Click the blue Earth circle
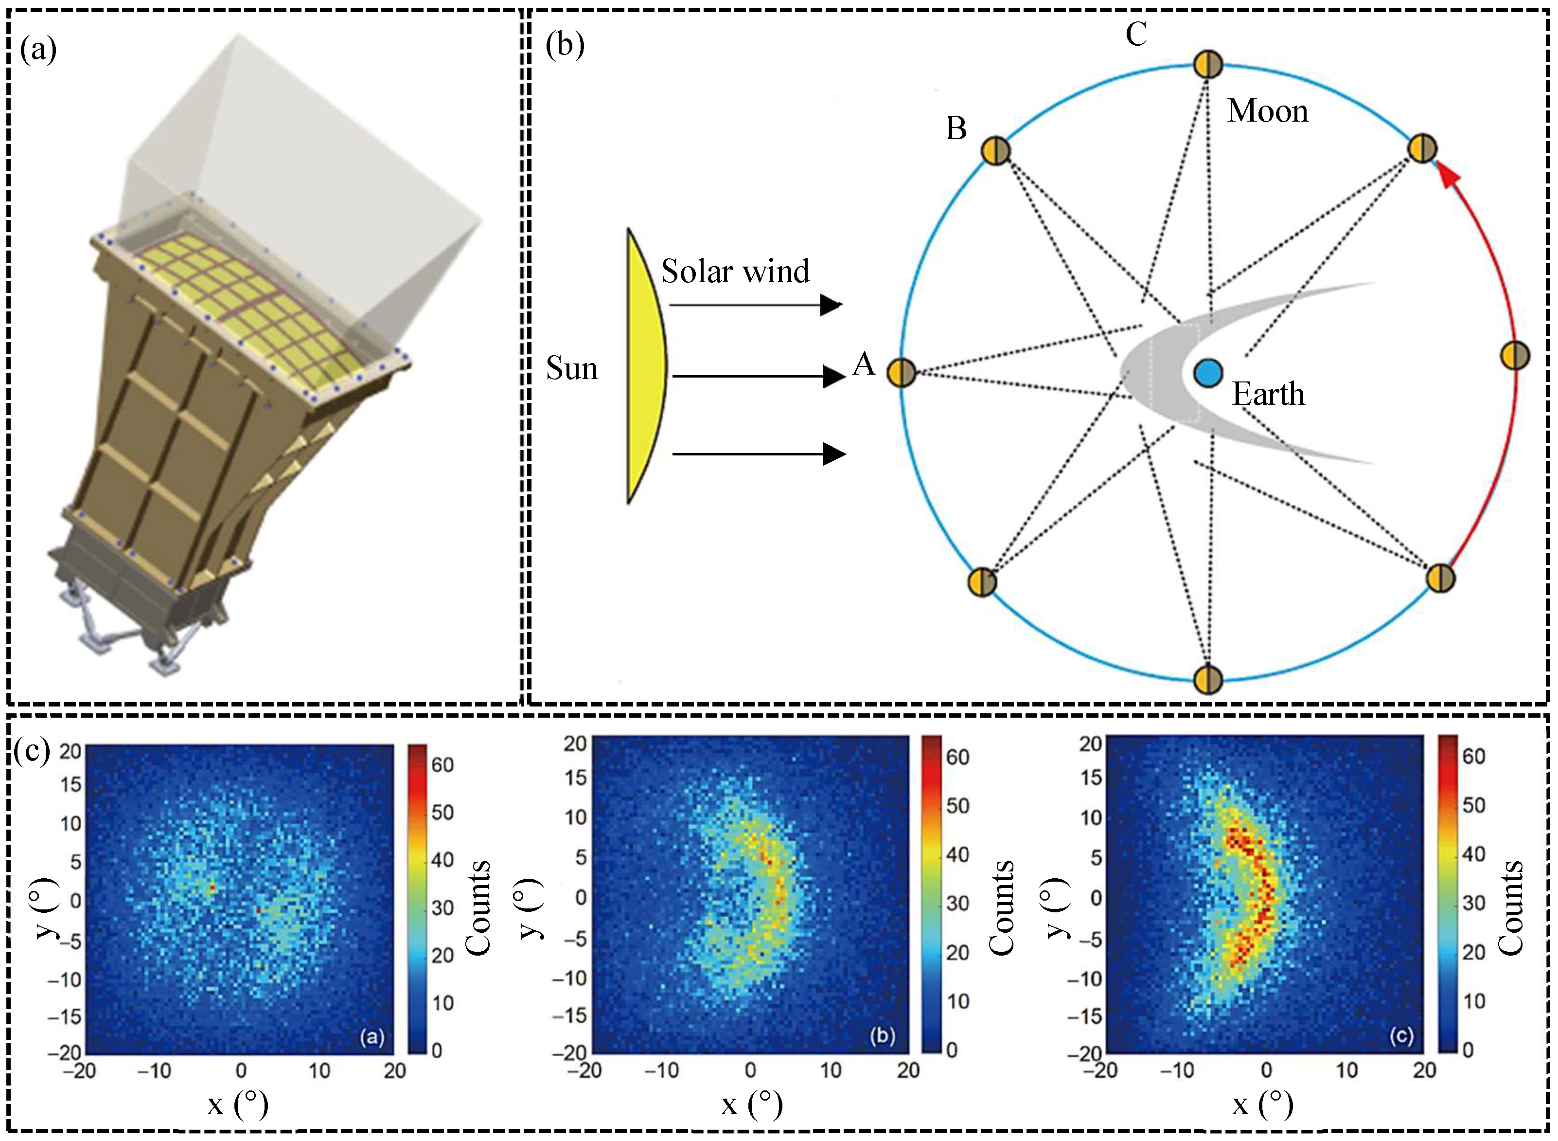1207,374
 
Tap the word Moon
1267,111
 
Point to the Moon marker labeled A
901,373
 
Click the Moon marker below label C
1208,64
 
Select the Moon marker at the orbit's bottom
1207,678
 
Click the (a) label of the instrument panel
38,50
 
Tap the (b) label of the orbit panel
565,46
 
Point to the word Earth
1269,395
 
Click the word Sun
571,369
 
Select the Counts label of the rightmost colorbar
1511,908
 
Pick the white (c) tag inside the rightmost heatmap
1401,1036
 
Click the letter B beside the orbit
956,128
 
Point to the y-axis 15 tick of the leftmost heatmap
71,785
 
